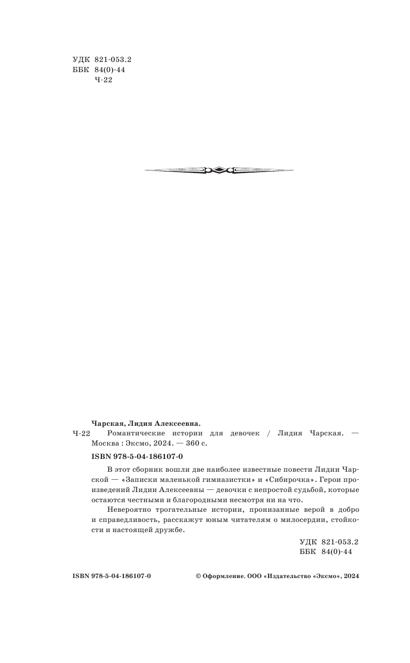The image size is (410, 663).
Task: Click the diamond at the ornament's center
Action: (219, 170)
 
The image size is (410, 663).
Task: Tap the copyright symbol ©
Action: (199, 577)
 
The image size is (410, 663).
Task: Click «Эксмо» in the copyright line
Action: (330, 577)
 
